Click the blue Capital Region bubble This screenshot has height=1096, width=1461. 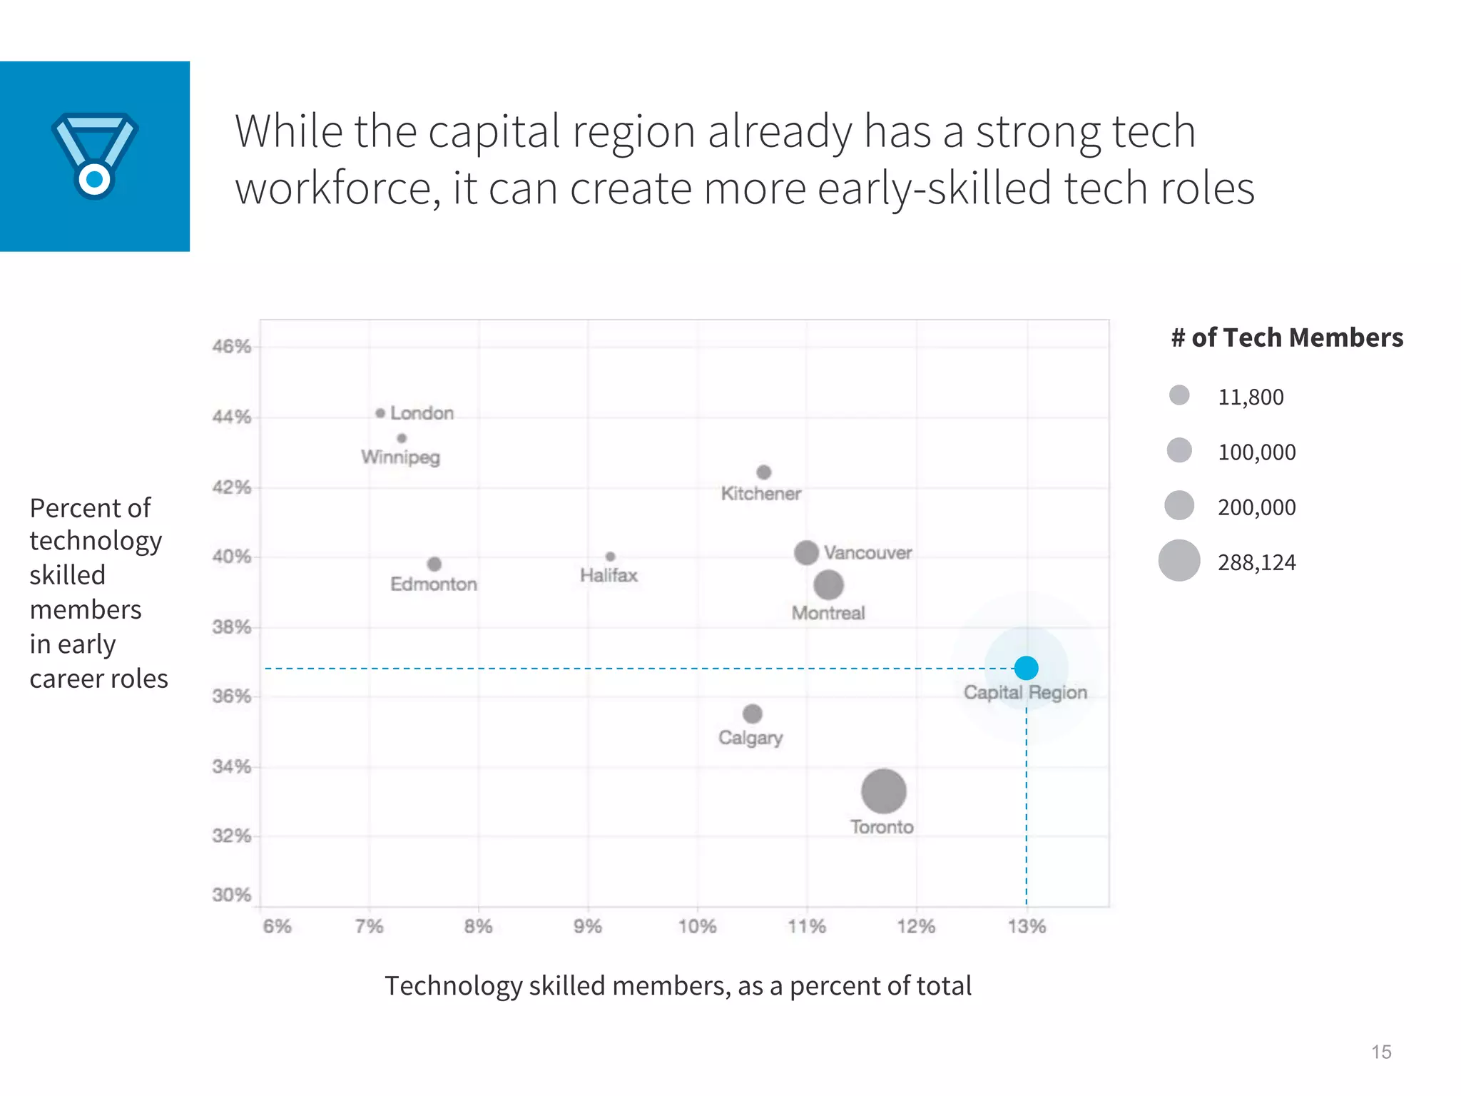1026,668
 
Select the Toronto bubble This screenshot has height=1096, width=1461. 883,791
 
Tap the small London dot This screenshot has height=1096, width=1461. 380,413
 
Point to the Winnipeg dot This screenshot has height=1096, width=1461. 402,438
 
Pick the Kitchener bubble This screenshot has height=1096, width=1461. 763,472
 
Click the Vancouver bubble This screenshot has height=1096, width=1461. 806,552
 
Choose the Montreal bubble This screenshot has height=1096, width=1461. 828,585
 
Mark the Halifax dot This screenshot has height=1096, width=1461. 610,557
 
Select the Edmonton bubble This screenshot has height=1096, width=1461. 434,564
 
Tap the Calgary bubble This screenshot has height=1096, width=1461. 752,714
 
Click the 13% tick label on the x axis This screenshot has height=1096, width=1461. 1027,926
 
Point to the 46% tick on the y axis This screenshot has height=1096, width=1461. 232,347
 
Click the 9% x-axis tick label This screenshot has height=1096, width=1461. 588,926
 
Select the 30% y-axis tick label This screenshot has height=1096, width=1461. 232,895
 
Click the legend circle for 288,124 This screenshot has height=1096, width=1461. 1179,561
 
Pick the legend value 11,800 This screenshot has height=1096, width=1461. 1251,397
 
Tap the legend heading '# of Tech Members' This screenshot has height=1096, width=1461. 1287,338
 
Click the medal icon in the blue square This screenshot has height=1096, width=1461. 95,156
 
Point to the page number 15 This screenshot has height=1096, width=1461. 1381,1052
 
